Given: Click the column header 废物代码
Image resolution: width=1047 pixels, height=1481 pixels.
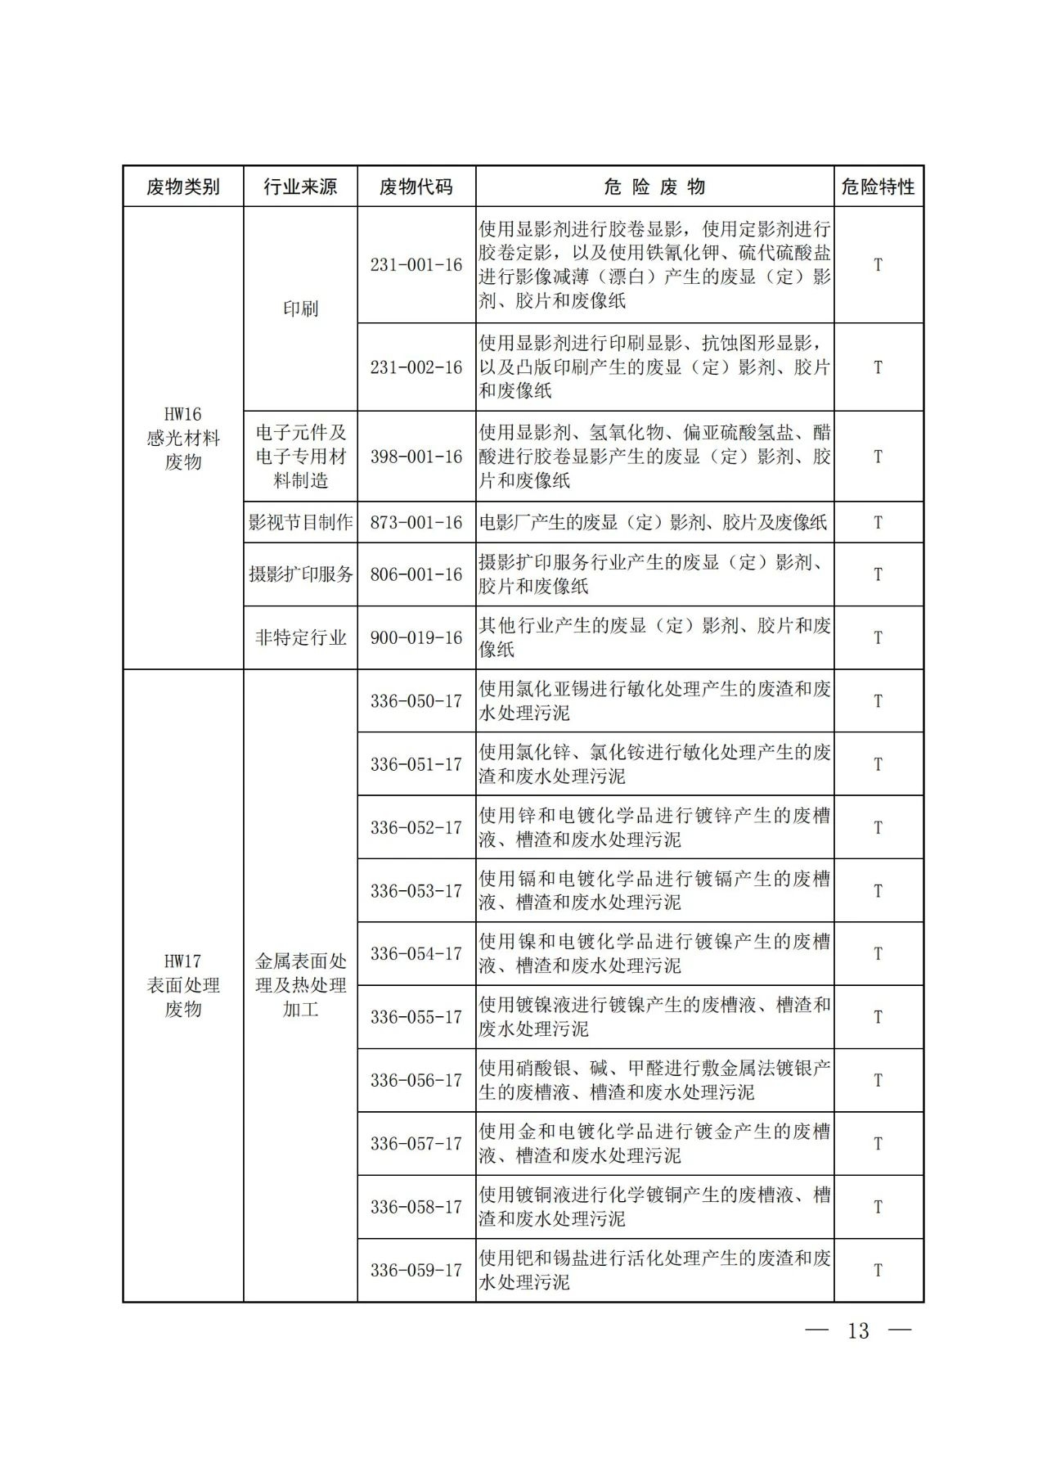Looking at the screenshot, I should point(416,187).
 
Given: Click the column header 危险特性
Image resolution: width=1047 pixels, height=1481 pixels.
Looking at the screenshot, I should point(878,187).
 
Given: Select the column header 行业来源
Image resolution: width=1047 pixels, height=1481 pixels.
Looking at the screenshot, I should point(300,187).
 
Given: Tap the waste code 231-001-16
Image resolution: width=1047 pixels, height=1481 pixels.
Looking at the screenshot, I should point(416,265).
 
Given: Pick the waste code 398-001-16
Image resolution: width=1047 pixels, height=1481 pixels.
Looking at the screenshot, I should point(416,457).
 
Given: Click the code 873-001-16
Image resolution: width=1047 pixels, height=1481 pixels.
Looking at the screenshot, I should point(416,522).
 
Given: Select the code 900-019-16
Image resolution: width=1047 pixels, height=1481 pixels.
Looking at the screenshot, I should point(416,637).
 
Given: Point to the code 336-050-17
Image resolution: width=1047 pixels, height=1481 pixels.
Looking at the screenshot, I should point(416,701).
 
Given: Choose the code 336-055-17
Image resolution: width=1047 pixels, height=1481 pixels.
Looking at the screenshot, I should point(416,1017).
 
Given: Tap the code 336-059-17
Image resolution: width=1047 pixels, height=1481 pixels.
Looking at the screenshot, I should point(416,1270).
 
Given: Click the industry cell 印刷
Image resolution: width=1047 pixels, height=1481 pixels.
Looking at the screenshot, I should point(300,308).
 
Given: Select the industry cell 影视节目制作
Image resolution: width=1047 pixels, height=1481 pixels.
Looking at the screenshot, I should point(300,522).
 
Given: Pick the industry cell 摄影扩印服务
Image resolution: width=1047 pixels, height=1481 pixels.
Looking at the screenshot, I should point(300,574).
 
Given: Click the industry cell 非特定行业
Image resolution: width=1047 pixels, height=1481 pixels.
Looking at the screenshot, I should point(300,637).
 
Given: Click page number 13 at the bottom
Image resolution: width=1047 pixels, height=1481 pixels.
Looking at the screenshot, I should point(858,1331).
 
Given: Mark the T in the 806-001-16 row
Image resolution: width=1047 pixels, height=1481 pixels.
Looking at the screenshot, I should point(878,574).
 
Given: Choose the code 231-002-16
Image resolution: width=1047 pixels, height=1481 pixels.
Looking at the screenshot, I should point(416,367).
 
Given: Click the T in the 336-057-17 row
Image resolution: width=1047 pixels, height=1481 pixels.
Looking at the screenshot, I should point(878,1144).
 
